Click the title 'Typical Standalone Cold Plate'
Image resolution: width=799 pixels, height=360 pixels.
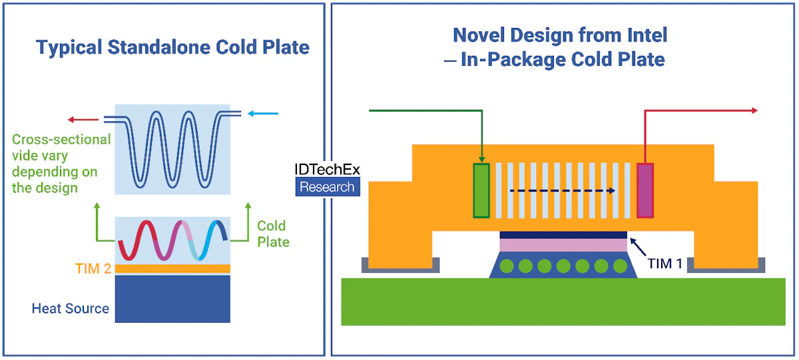click(172, 48)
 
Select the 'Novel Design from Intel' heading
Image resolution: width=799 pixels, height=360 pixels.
click(559, 35)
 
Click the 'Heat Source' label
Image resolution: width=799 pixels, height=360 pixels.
click(70, 309)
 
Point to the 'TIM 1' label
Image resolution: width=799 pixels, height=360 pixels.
click(665, 264)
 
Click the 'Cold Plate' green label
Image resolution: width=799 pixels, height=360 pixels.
click(273, 234)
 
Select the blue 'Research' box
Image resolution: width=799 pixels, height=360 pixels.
click(327, 187)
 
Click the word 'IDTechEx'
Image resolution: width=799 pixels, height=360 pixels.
click(327, 170)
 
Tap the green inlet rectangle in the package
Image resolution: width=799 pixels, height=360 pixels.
click(481, 190)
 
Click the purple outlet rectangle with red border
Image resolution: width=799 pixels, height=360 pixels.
click(645, 190)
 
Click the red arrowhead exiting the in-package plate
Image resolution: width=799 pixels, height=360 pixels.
click(754, 110)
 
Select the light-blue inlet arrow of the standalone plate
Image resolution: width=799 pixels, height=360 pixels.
click(263, 114)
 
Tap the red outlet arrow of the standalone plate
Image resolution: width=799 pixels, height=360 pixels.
click(83, 120)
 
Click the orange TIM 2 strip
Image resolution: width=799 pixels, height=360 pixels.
click(172, 269)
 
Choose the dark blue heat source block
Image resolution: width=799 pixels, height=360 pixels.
click(172, 299)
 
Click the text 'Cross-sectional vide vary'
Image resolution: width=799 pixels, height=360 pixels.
click(61, 148)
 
